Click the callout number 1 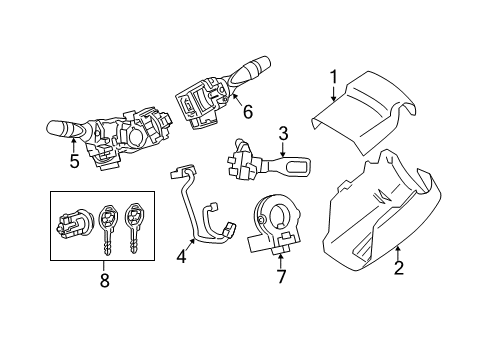pos(335,76)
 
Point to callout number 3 pos(283,131)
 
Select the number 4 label pos(181,257)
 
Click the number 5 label pos(74,159)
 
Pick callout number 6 pos(248,113)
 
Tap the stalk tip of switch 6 pos(252,66)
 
